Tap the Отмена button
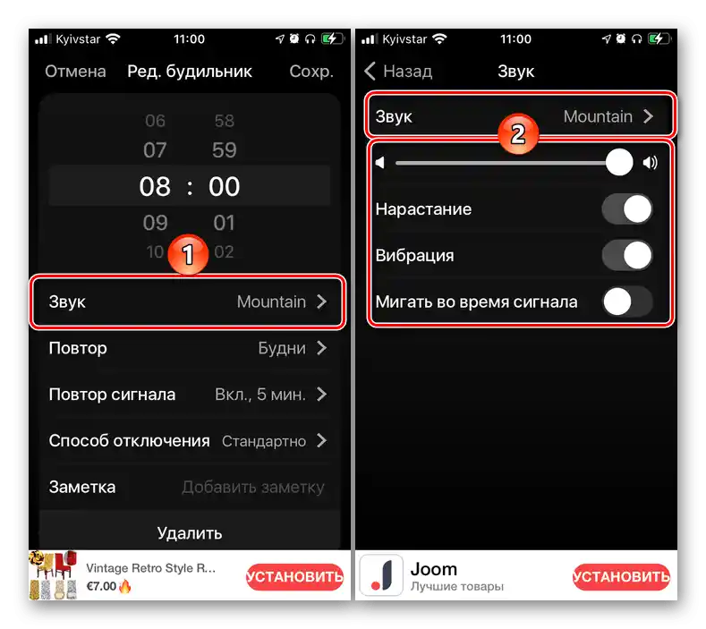coord(75,72)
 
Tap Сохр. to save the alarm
coord(311,72)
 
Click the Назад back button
coord(398,72)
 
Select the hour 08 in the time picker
coord(155,186)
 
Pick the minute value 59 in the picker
coord(225,150)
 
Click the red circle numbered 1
coord(188,254)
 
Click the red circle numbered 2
coord(518,133)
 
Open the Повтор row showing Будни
coord(188,348)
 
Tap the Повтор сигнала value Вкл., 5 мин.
coord(260,395)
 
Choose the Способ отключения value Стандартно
coord(264,441)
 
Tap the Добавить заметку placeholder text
coord(253,487)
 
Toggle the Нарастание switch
coord(626,209)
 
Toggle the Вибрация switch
coord(626,255)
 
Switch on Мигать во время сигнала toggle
coord(626,302)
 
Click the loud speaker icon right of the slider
coord(650,163)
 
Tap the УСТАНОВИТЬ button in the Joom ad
coord(621,577)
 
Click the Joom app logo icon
coord(381,575)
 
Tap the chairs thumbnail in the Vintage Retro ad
coord(53,575)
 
